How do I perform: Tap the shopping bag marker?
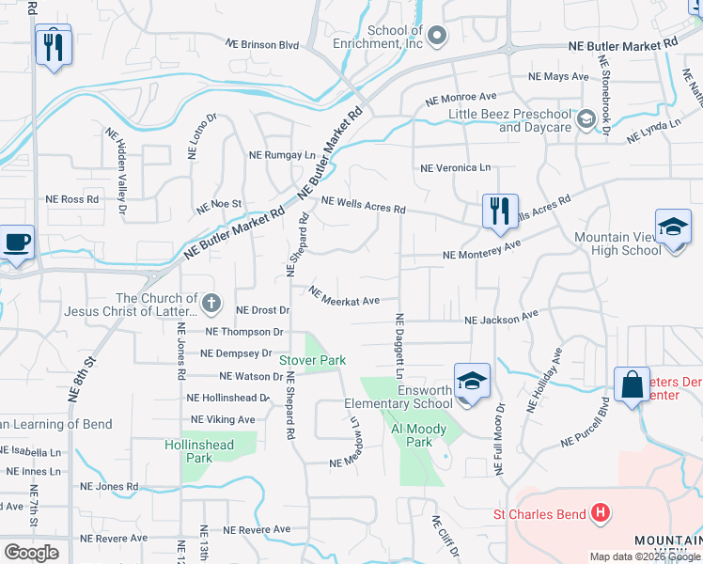632,384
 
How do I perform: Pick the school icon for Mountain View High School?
673,228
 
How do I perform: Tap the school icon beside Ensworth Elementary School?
472,381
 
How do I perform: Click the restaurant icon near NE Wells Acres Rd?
500,210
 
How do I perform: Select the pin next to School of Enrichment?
436,36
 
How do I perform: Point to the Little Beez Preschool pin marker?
586,119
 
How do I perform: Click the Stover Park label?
313,360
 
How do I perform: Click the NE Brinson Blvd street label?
262,44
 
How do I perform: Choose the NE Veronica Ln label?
455,168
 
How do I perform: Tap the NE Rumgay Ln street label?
282,155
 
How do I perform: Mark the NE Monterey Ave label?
482,251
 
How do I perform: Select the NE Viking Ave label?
223,419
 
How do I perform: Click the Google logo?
31,553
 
